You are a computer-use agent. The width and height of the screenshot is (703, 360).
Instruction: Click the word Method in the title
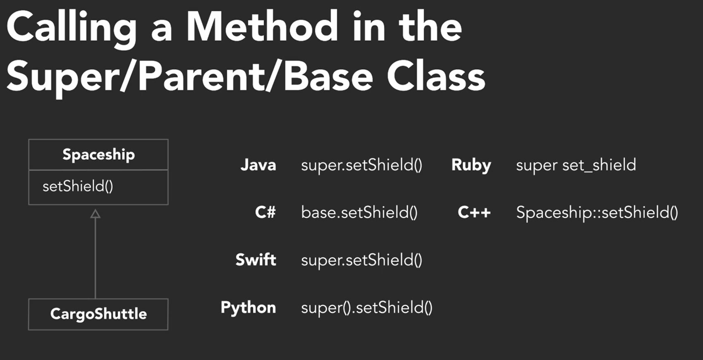pos(262,26)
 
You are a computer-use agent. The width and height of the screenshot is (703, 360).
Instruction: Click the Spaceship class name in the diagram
pos(98,155)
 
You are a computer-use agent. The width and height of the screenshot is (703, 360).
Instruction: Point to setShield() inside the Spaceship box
pos(78,186)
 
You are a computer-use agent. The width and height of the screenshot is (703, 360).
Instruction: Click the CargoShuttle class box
pos(98,314)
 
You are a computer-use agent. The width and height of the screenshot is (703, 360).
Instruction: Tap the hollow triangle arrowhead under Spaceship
pos(96,214)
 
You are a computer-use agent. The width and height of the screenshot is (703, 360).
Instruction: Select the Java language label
pos(258,165)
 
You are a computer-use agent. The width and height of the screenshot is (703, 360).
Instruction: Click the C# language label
pos(265,212)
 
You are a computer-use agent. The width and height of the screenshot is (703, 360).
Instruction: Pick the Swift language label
pos(256,260)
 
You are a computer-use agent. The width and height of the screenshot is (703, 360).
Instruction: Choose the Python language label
pos(248,308)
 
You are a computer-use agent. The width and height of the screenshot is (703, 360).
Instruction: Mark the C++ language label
pos(474,212)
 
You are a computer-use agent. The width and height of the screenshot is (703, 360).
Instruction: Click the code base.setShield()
pos(359,212)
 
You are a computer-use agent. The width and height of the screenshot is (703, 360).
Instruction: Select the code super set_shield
pos(576,165)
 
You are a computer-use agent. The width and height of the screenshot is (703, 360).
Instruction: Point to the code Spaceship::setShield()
pos(597,213)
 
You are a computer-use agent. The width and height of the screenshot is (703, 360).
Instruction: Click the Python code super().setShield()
pos(367,308)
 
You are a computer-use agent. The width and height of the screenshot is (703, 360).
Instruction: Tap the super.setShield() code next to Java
pos(362,165)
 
